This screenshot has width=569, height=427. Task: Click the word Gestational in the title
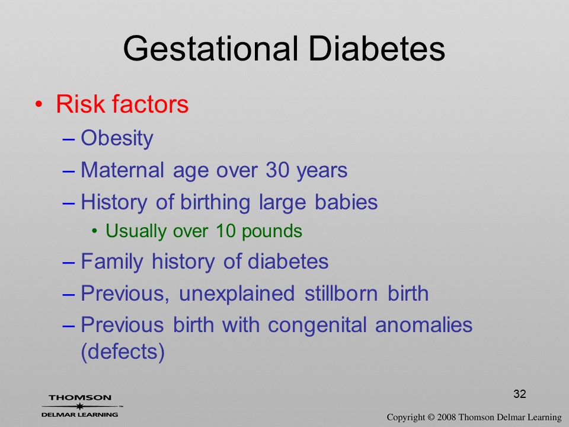[x=210, y=49]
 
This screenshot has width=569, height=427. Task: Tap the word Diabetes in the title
[x=377, y=49]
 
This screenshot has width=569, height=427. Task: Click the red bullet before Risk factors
[x=39, y=104]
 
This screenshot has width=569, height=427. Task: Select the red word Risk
[x=81, y=104]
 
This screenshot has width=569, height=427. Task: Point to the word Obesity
[x=117, y=138]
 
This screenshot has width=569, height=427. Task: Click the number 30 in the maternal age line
[x=277, y=170]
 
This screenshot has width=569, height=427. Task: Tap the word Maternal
[x=122, y=170]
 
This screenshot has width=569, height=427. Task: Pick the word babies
[x=346, y=202]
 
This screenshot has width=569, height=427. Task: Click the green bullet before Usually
[x=95, y=231]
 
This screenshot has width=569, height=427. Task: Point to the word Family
[x=112, y=262]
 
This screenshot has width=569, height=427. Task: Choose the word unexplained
[x=236, y=294]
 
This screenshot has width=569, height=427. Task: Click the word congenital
[x=317, y=325]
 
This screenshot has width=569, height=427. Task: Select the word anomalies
[x=423, y=324]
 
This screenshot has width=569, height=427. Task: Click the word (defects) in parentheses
[x=123, y=352]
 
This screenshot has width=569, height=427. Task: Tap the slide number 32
[x=520, y=394]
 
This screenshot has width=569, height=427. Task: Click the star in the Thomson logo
[x=79, y=406]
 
